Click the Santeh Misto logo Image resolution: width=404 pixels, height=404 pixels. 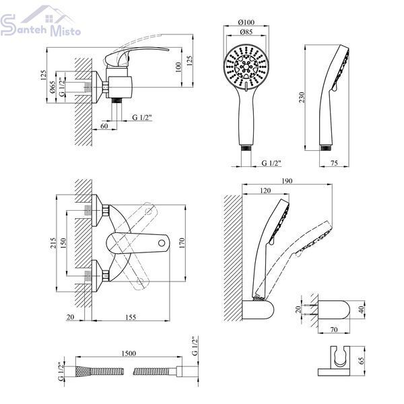pyautogui.click(x=40, y=22)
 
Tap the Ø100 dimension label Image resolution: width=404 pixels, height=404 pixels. pyautogui.click(x=246, y=22)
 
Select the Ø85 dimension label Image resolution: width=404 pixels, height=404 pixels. pyautogui.click(x=246, y=32)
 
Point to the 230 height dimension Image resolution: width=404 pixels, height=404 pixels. pyautogui.click(x=302, y=98)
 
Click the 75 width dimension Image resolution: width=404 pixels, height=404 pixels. pyautogui.click(x=334, y=163)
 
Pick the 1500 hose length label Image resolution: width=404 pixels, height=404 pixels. pyautogui.click(x=129, y=353)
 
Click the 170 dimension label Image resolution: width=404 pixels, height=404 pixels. pyautogui.click(x=182, y=243)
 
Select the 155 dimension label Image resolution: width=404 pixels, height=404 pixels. pyautogui.click(x=131, y=317)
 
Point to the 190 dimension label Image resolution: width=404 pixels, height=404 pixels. pyautogui.click(x=287, y=181)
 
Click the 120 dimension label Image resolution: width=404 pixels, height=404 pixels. pyautogui.click(x=265, y=191)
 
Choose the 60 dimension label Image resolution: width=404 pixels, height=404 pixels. pyautogui.click(x=104, y=126)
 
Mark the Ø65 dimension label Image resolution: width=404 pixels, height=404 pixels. pyautogui.click(x=53, y=88)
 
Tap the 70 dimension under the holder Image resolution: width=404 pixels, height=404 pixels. pyautogui.click(x=334, y=329)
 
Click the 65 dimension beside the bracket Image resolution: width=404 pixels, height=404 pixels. pyautogui.click(x=362, y=360)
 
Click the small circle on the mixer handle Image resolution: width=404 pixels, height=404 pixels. pyautogui.click(x=162, y=243)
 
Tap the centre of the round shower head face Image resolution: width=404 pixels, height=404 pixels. pyautogui.click(x=246, y=67)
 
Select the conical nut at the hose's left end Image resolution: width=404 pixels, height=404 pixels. pyautogui.click(x=83, y=371)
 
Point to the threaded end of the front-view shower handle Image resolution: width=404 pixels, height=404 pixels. pyautogui.click(x=246, y=148)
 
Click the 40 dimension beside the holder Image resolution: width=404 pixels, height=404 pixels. pyautogui.click(x=362, y=310)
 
